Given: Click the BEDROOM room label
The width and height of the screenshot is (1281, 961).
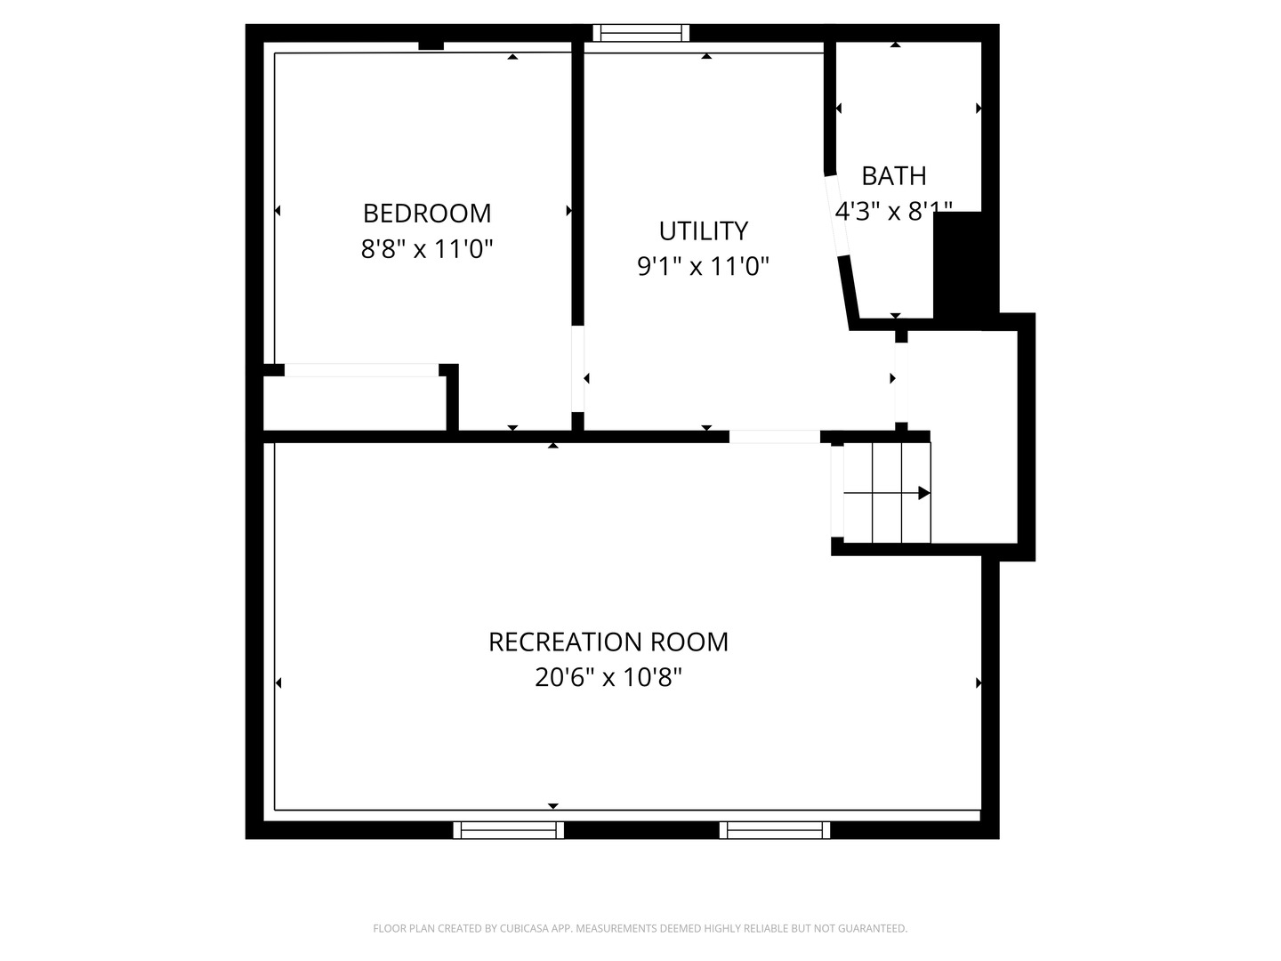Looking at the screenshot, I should (x=427, y=214).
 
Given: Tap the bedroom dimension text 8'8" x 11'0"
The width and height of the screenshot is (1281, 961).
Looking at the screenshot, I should (x=427, y=248).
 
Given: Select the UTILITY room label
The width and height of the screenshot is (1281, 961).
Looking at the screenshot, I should (x=703, y=231).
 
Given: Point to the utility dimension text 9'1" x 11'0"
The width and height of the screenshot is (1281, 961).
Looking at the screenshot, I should (x=703, y=266).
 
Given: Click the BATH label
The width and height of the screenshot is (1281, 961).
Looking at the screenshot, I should (x=894, y=176).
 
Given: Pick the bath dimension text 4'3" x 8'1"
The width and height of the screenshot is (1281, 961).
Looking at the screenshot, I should (x=893, y=212).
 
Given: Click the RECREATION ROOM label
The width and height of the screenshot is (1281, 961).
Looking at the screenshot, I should (x=608, y=642).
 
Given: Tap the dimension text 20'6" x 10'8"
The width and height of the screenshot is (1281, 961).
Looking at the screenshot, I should (x=608, y=678).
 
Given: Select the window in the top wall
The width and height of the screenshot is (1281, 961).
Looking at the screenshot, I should (x=641, y=33).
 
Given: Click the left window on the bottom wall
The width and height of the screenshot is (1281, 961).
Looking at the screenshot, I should (x=509, y=830).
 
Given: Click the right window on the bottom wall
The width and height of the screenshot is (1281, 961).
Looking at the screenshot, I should (x=775, y=830).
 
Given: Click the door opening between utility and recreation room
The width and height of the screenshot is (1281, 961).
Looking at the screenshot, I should (x=774, y=436).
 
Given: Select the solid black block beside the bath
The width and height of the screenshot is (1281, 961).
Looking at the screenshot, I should (x=961, y=267).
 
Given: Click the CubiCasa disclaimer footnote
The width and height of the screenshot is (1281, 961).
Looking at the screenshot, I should (x=640, y=929).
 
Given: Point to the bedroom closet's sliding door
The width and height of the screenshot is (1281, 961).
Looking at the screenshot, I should (x=361, y=370).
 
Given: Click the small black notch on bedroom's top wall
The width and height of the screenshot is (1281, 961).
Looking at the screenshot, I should (x=431, y=44).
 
